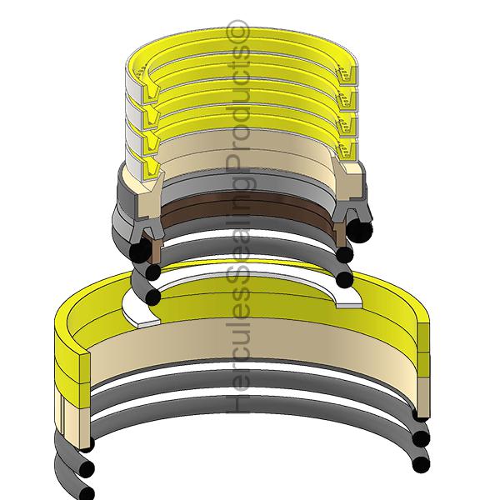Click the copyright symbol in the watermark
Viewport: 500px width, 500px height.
click(x=245, y=33)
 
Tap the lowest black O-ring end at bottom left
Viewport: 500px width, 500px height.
click(x=85, y=492)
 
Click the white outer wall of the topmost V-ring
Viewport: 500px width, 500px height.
click(x=133, y=83)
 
